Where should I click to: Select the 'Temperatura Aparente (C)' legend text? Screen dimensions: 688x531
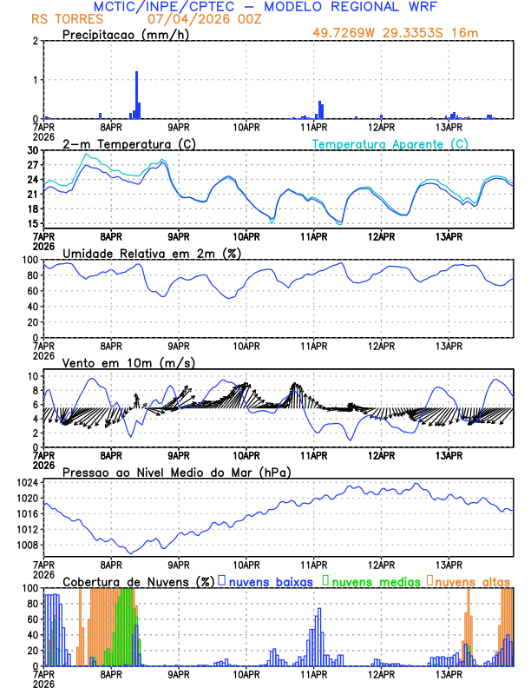coord(390,143)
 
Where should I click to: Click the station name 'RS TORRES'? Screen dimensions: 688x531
coord(59,18)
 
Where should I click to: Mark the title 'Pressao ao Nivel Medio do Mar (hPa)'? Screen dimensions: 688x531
coord(176,472)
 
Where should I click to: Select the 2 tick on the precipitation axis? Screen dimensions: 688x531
coord(35,41)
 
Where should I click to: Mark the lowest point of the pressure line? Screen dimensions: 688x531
coord(130,552)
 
